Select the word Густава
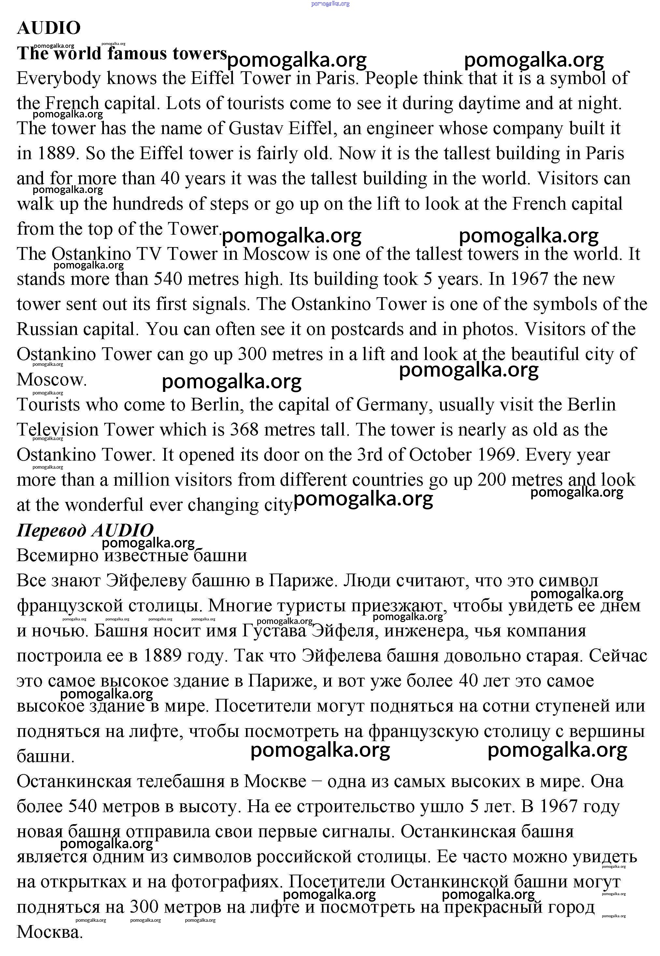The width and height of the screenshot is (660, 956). (273, 631)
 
